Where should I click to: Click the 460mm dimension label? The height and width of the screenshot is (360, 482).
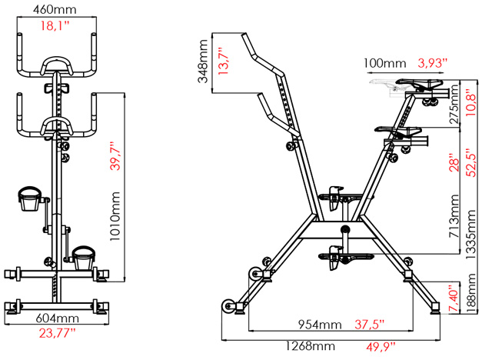pos(55,9)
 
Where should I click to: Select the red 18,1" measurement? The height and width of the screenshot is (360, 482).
pos(55,25)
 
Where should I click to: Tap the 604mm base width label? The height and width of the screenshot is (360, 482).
pos(57,318)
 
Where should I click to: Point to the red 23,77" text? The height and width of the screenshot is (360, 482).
pos(57,333)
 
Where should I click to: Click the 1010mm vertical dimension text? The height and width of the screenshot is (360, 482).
pos(115,216)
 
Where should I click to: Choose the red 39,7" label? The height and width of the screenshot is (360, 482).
pos(115,156)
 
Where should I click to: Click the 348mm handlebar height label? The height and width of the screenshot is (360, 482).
pos(203,62)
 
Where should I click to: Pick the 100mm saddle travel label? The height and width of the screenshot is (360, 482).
pos(385,63)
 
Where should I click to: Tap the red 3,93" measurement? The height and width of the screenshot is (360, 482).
pos(432,63)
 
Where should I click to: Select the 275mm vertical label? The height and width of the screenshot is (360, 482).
pos(454,105)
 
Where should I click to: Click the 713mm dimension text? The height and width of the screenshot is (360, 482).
pos(454,216)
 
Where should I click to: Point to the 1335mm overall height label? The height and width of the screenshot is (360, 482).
pos(471,235)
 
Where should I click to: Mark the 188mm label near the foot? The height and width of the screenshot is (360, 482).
pos(471,293)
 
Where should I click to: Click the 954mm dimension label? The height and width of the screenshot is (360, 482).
pos(320,325)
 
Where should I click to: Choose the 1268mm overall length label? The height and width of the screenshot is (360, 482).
pos(310,346)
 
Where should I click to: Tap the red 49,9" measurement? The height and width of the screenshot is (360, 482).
pos(381,347)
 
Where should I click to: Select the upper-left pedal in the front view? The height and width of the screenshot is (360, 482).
pos(29,198)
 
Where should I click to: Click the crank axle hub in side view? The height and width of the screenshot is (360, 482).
pos(345,229)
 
